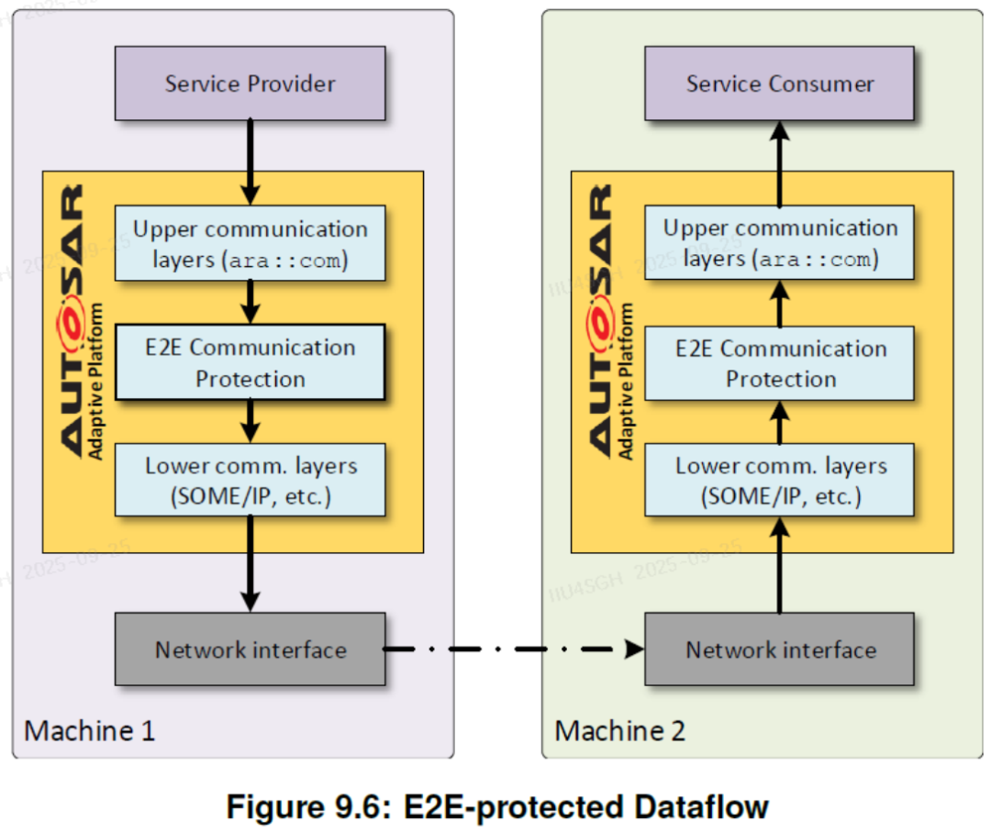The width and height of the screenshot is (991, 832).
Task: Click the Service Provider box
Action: tap(250, 83)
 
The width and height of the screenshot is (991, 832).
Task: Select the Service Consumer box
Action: tap(779, 83)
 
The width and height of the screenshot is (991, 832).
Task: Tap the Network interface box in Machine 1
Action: tap(250, 649)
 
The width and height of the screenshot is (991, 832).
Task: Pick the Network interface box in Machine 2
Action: tap(779, 649)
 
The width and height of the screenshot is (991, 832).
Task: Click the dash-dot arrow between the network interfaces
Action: tap(514, 649)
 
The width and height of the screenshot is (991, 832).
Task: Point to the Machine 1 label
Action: tap(89, 730)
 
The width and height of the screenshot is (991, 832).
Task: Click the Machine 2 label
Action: tap(619, 730)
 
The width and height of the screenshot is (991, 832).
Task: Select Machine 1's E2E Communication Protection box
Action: tap(250, 362)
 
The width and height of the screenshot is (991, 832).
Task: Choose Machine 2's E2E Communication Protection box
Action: tap(779, 363)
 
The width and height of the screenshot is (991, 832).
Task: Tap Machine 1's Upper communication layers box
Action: tap(250, 243)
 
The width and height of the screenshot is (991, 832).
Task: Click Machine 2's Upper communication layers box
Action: tap(779, 242)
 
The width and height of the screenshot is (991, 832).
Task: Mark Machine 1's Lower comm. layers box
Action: tap(250, 481)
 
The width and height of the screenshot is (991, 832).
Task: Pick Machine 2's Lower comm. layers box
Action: tap(779, 481)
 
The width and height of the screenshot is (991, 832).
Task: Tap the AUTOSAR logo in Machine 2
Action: tap(610, 321)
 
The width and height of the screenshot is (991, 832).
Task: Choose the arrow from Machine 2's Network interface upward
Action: tap(779, 564)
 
